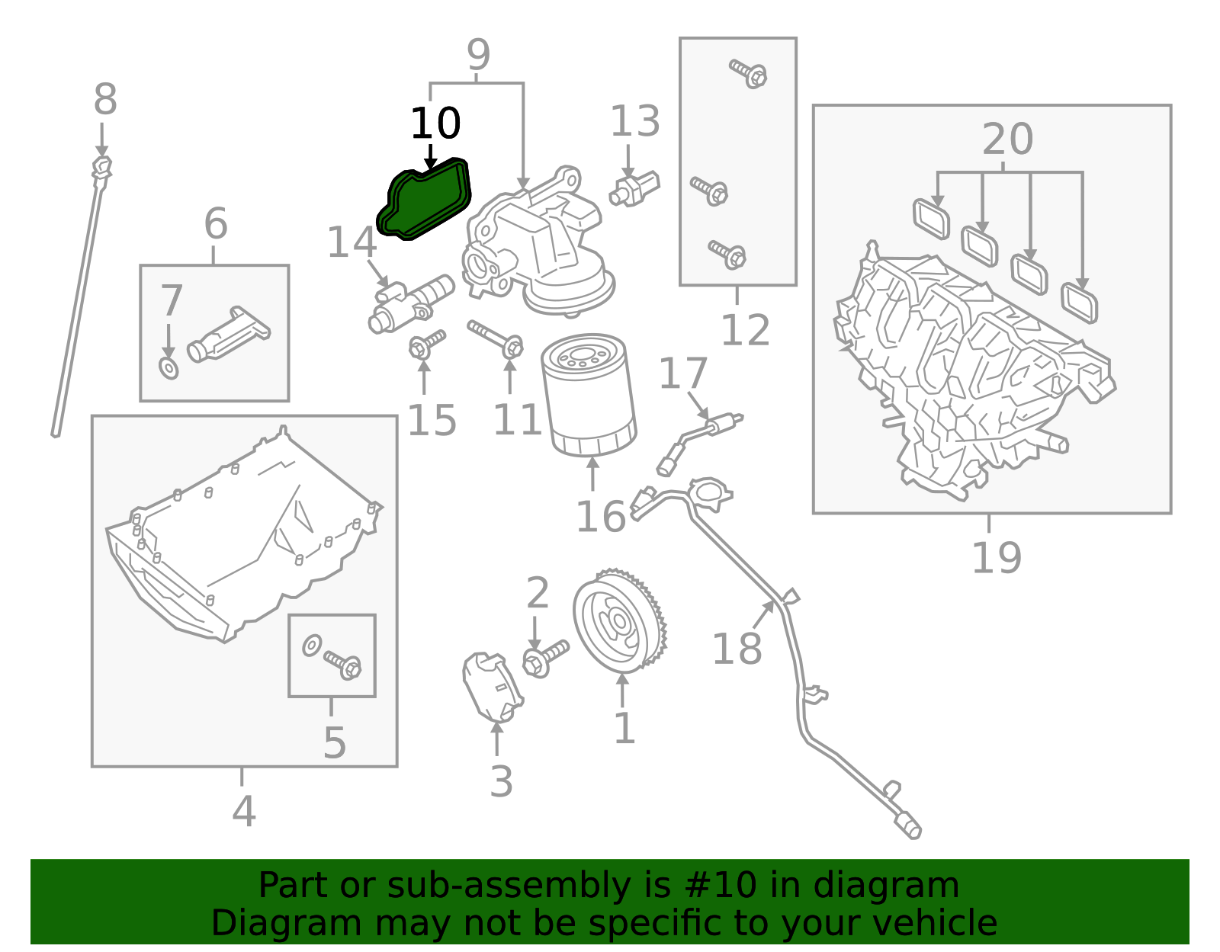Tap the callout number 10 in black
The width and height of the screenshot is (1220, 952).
(x=435, y=123)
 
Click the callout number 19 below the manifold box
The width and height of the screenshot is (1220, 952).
(x=996, y=557)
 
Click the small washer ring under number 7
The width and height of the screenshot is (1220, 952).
(x=169, y=368)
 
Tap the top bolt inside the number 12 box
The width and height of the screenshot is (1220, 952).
(x=748, y=73)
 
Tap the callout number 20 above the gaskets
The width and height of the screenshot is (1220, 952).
(x=1007, y=139)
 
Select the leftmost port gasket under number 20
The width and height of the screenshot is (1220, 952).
(x=931, y=218)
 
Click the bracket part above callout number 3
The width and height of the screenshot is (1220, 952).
(x=491, y=685)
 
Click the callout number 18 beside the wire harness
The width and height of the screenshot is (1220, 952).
(x=737, y=649)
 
